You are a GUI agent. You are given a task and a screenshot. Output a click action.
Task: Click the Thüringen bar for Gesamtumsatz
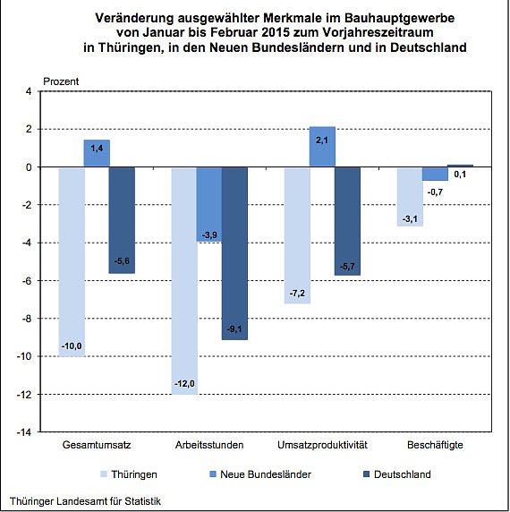(72, 260)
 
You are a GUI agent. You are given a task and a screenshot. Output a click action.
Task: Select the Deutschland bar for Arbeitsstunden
(234, 251)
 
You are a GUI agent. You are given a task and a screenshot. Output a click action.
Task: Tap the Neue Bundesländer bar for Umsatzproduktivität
(322, 148)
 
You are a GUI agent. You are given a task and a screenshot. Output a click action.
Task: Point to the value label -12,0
(183, 384)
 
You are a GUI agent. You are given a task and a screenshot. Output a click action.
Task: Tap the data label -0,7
(435, 192)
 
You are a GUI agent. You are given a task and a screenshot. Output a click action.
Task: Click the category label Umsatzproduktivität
(321, 445)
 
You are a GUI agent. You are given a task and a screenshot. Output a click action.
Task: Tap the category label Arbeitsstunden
(209, 445)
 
